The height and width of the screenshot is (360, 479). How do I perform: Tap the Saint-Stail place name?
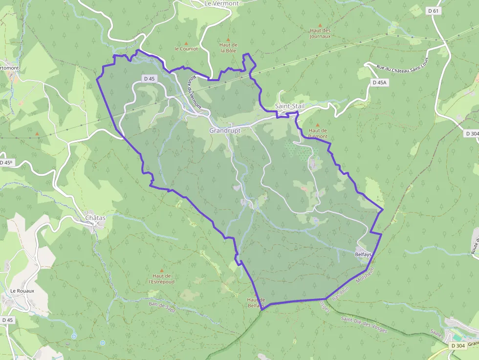289,106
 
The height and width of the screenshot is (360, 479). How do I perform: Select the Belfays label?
363,254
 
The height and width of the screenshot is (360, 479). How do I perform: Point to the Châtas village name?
95,217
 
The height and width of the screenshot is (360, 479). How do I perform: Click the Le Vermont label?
221,3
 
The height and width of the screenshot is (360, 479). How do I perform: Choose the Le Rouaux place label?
22,290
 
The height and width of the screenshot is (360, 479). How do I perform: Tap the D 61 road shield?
433,11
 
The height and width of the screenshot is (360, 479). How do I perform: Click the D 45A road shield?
379,83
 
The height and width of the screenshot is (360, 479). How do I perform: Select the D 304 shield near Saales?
458,346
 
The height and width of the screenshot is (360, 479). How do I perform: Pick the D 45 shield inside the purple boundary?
149,79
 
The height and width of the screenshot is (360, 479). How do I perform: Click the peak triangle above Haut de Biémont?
317,125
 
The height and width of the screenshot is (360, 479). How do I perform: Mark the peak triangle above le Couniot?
186,42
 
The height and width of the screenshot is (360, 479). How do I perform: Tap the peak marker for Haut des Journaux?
320,25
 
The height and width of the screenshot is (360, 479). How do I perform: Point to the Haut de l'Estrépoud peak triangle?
161,270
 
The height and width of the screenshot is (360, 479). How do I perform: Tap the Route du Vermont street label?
195,91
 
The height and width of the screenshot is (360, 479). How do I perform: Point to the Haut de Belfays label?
256,303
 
